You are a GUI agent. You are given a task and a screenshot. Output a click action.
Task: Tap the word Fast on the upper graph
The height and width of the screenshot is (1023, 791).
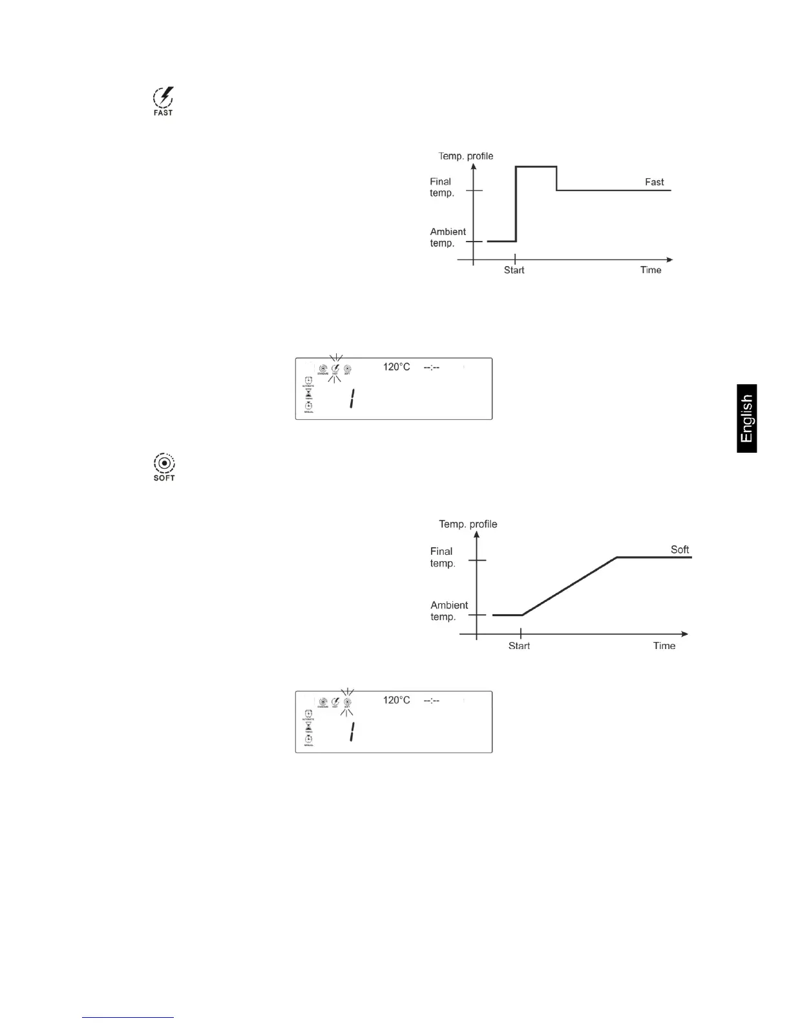pos(654,182)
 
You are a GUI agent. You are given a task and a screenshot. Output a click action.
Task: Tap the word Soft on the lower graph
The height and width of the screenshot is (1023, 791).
pos(679,550)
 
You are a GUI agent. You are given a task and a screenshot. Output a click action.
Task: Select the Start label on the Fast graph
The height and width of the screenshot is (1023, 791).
pos(514,270)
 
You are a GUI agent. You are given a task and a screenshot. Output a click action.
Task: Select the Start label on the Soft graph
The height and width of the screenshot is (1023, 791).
pos(519,646)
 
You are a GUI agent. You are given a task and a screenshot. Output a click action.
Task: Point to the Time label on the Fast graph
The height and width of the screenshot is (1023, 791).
pos(650,270)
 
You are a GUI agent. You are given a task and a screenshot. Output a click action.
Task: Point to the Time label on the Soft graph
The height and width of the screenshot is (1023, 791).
pos(664,646)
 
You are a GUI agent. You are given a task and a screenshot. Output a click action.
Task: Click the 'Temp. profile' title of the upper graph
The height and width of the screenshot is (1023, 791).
pos(465,156)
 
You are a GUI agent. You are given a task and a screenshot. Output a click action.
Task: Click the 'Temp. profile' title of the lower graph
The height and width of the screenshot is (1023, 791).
pos(468,524)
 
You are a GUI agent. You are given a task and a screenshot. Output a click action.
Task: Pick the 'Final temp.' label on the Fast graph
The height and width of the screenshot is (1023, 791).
pos(442,187)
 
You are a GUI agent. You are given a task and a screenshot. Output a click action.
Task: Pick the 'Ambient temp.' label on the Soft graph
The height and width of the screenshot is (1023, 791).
pos(449,611)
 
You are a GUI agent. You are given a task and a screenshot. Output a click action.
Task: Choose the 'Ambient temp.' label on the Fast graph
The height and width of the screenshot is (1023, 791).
pos(448,237)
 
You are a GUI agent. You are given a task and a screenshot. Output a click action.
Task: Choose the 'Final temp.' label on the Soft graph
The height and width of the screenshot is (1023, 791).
pos(443,557)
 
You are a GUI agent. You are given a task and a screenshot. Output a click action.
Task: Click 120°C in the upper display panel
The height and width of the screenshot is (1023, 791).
pos(396,367)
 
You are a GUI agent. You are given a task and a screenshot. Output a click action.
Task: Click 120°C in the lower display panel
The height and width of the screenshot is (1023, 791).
pos(396,700)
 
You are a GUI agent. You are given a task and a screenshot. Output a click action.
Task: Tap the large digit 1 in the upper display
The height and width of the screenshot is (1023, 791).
pos(352,399)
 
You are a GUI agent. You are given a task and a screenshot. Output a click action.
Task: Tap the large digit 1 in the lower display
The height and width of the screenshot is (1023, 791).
pos(352,732)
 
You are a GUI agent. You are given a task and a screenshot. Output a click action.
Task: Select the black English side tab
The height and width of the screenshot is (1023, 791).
pos(746,418)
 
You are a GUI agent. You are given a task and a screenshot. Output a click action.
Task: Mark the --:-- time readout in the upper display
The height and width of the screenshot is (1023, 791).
pos(432,367)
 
